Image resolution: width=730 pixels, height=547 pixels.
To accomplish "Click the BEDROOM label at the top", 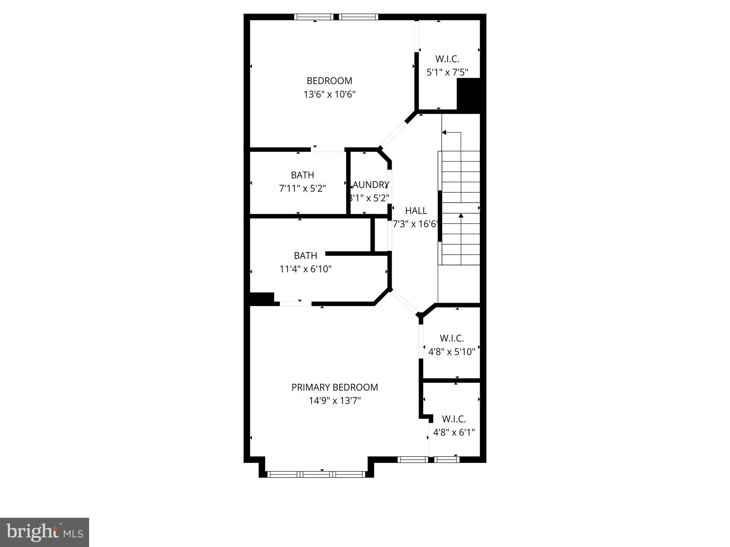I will point(329,81).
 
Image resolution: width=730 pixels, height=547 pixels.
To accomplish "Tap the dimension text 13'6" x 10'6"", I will point(329,94).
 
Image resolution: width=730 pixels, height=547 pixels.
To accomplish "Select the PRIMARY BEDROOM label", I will point(334,387).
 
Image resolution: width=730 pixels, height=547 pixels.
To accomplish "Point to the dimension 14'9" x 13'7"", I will point(334,401).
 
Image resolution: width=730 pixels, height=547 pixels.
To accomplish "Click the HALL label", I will point(416,210).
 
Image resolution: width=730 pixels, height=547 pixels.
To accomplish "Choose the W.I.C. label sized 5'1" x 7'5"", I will point(447,59).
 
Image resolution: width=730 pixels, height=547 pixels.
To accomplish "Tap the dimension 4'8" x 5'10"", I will point(452,352).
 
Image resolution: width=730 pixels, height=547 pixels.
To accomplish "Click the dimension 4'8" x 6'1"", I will point(454,432).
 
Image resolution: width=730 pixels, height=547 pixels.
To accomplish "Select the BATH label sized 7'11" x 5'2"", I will point(302,175).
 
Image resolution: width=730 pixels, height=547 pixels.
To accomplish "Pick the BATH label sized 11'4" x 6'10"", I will point(305,255).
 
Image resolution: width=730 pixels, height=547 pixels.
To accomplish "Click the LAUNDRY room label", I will point(371,184).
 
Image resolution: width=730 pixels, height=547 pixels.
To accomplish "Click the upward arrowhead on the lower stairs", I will point(461,215).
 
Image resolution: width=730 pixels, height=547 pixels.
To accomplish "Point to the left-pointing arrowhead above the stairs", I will point(444,132).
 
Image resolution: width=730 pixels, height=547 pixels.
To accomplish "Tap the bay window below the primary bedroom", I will point(316,474).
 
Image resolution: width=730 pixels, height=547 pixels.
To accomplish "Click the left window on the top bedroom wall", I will point(314,17).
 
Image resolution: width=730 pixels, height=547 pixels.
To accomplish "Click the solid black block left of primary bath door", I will point(261,298).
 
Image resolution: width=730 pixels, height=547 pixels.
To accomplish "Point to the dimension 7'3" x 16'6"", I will point(415,224).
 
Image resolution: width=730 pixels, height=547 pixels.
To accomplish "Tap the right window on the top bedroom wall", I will point(358,17).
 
